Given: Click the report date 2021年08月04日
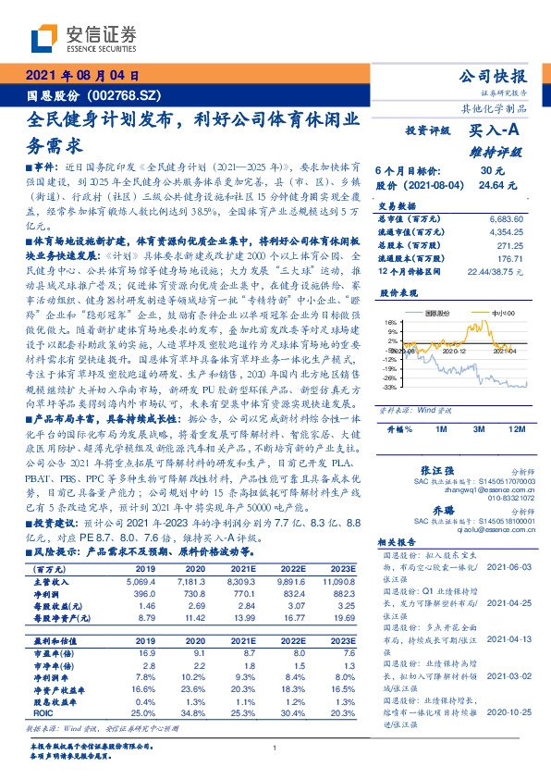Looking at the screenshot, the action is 82,77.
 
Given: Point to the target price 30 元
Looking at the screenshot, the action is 491,171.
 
